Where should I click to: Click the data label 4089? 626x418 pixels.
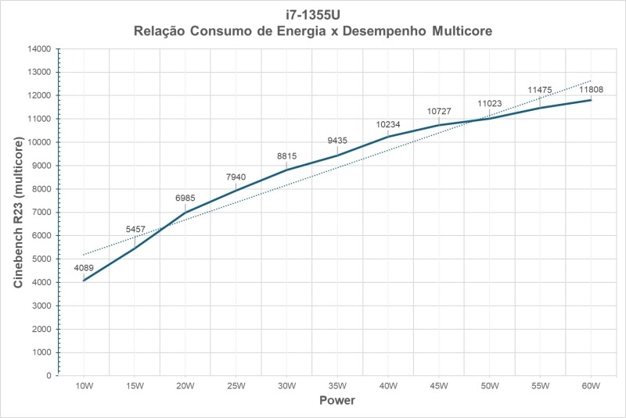(x=84, y=268)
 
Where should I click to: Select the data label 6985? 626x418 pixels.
(x=185, y=198)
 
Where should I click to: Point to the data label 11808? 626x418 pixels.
(x=591, y=90)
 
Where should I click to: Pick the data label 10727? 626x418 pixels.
(x=439, y=112)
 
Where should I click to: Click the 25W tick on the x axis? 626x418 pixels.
(x=236, y=387)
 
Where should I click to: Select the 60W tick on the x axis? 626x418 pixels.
(x=591, y=387)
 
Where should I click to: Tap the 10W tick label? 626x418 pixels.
(x=84, y=387)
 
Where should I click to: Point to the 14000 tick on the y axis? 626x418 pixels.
(x=38, y=48)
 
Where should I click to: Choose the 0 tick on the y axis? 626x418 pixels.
(x=48, y=376)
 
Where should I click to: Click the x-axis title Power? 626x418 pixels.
(x=337, y=401)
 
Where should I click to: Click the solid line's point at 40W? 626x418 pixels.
(x=388, y=137)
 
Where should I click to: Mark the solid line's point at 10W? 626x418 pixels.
(x=84, y=280)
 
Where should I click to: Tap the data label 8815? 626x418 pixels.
(x=286, y=155)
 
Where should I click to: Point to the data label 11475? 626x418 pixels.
(x=540, y=90)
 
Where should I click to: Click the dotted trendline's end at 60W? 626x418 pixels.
(x=591, y=80)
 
